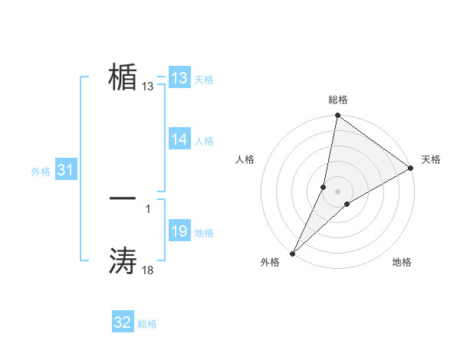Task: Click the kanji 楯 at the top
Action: [x=123, y=77]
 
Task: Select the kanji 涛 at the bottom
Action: [x=123, y=261]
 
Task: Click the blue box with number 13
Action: [x=179, y=78]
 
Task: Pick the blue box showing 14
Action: [x=179, y=139]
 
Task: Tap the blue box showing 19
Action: [x=179, y=231]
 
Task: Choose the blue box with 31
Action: [x=65, y=171]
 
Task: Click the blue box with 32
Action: [x=123, y=322]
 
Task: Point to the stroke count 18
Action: [x=147, y=269]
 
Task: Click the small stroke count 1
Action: [x=147, y=207]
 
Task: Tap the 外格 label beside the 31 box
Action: [x=41, y=172]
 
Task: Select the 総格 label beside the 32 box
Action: [x=147, y=324]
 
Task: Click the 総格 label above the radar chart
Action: [x=338, y=100]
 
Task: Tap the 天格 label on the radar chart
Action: [x=431, y=159]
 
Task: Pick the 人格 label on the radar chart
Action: [x=245, y=159]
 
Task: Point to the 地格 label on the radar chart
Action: [x=402, y=262]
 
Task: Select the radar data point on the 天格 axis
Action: [x=411, y=168]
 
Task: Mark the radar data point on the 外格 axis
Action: [x=293, y=253]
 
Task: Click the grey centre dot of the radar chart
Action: [x=338, y=191]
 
